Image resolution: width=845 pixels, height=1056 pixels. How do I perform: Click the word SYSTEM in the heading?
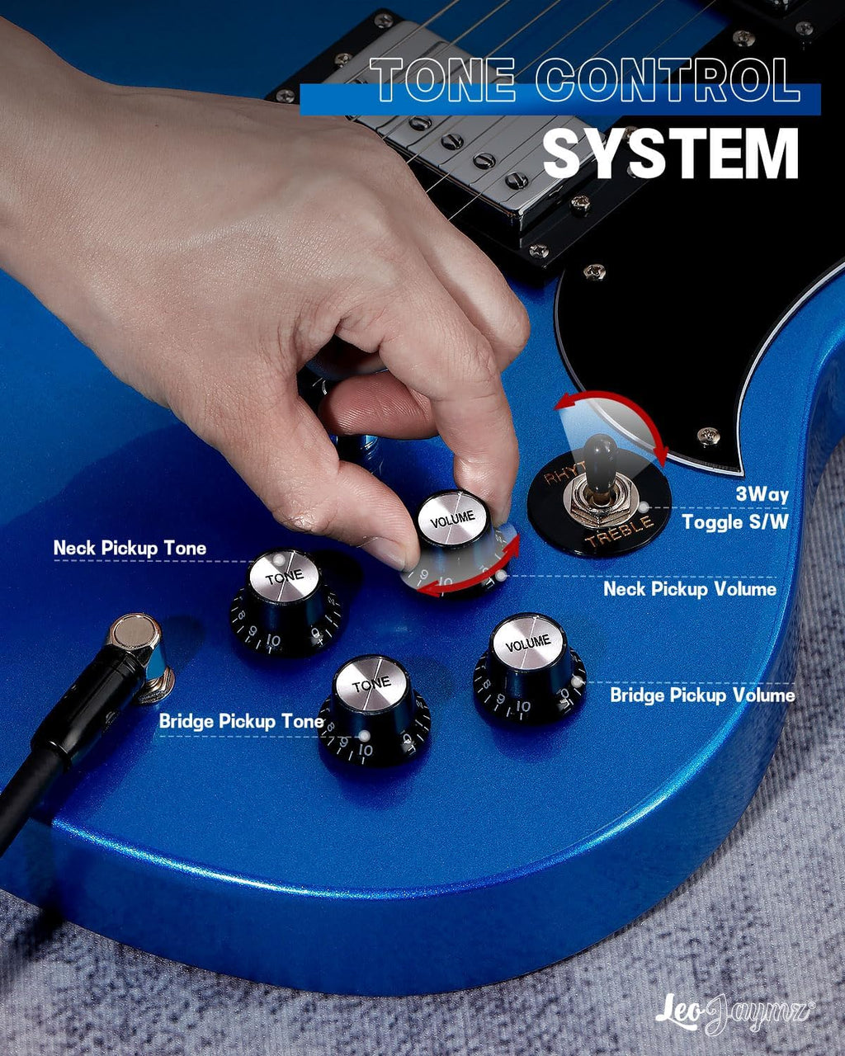click(671, 154)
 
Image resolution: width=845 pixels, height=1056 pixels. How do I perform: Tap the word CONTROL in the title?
click(668, 79)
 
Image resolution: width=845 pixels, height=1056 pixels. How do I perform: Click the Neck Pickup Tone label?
click(130, 548)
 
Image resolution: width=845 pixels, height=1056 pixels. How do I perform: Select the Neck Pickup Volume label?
click(690, 589)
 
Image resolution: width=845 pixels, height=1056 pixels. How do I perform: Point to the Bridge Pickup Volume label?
click(702, 695)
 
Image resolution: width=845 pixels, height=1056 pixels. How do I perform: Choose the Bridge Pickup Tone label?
click(241, 721)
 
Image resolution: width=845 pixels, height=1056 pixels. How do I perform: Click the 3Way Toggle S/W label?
click(735, 508)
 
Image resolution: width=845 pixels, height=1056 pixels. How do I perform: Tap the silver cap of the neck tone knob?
click(285, 576)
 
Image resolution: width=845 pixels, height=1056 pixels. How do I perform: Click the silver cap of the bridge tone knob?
click(371, 684)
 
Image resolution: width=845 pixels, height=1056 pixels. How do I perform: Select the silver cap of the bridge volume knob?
click(529, 643)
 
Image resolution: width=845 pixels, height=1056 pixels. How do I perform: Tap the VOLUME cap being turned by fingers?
click(452, 518)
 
